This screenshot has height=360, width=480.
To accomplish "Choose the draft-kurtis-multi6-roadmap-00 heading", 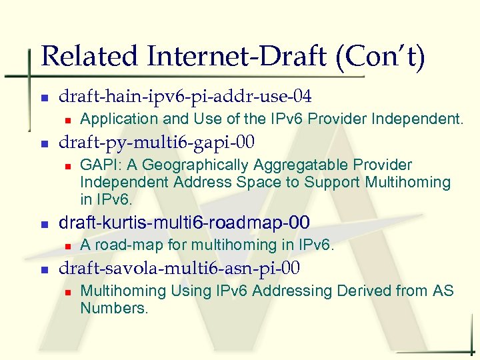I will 185,222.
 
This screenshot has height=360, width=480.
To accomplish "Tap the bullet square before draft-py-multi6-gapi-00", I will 44,143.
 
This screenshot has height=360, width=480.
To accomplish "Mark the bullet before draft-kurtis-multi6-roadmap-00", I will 44,223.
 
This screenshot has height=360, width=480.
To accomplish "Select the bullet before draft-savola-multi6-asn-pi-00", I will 44,269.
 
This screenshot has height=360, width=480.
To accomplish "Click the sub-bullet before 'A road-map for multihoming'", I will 67,246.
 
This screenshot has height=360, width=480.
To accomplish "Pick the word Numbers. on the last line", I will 114,308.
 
